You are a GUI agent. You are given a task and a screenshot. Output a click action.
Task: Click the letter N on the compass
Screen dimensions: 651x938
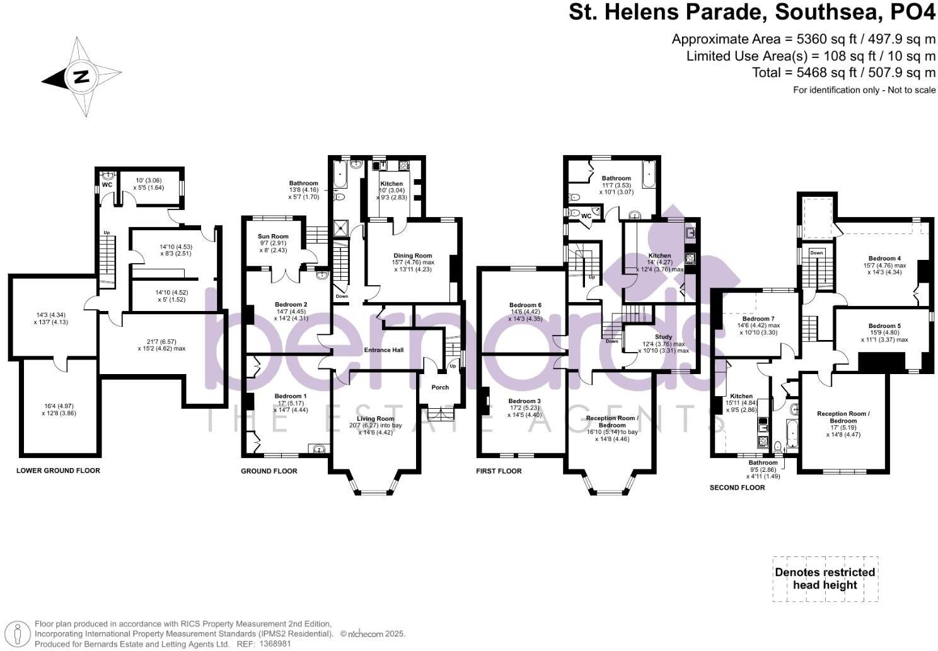(81, 78)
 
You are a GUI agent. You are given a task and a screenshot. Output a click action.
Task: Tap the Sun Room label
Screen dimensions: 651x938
(274, 237)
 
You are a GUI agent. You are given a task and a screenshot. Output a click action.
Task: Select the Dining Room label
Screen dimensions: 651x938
(413, 255)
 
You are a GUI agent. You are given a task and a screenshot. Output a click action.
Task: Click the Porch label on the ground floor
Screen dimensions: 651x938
(440, 387)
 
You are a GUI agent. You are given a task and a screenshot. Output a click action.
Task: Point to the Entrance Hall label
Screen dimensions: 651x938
(383, 350)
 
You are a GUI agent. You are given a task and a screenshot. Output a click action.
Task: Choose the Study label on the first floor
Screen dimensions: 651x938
(663, 337)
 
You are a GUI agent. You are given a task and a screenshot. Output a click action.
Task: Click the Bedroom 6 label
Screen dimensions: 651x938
(525, 305)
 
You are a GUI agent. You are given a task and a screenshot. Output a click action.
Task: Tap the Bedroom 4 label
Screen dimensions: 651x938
(884, 258)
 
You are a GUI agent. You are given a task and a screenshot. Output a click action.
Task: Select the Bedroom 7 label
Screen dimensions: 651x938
(758, 319)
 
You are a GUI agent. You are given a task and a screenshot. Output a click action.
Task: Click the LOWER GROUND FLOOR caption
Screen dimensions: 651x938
(58, 471)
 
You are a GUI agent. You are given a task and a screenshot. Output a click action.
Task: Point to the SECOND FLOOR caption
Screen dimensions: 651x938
(737, 488)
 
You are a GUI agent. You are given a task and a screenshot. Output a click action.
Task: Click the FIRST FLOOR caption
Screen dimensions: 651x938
(499, 471)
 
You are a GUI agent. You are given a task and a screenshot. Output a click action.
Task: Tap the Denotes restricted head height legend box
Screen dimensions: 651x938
(825, 578)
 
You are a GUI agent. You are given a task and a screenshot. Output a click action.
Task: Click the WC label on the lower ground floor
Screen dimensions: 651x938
(107, 185)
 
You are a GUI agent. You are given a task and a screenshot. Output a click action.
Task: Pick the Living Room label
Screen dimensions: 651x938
(375, 418)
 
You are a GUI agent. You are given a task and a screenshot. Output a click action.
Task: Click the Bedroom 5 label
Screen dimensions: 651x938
(884, 326)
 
